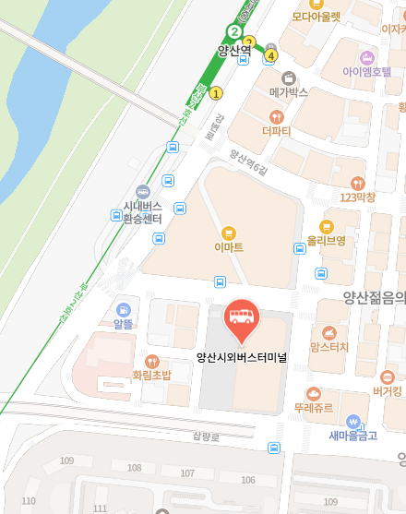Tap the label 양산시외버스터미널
(x=242, y=357)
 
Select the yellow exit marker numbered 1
(x=217, y=92)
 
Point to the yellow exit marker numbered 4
(x=270, y=56)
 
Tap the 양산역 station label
(x=234, y=51)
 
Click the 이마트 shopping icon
(x=228, y=232)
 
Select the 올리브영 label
(x=326, y=241)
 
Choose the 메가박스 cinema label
(x=288, y=92)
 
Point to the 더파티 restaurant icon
(x=276, y=116)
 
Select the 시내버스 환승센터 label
(x=142, y=212)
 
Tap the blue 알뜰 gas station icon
(x=124, y=309)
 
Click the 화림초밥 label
(x=151, y=376)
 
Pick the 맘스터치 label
(x=329, y=347)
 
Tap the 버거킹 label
(x=388, y=391)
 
